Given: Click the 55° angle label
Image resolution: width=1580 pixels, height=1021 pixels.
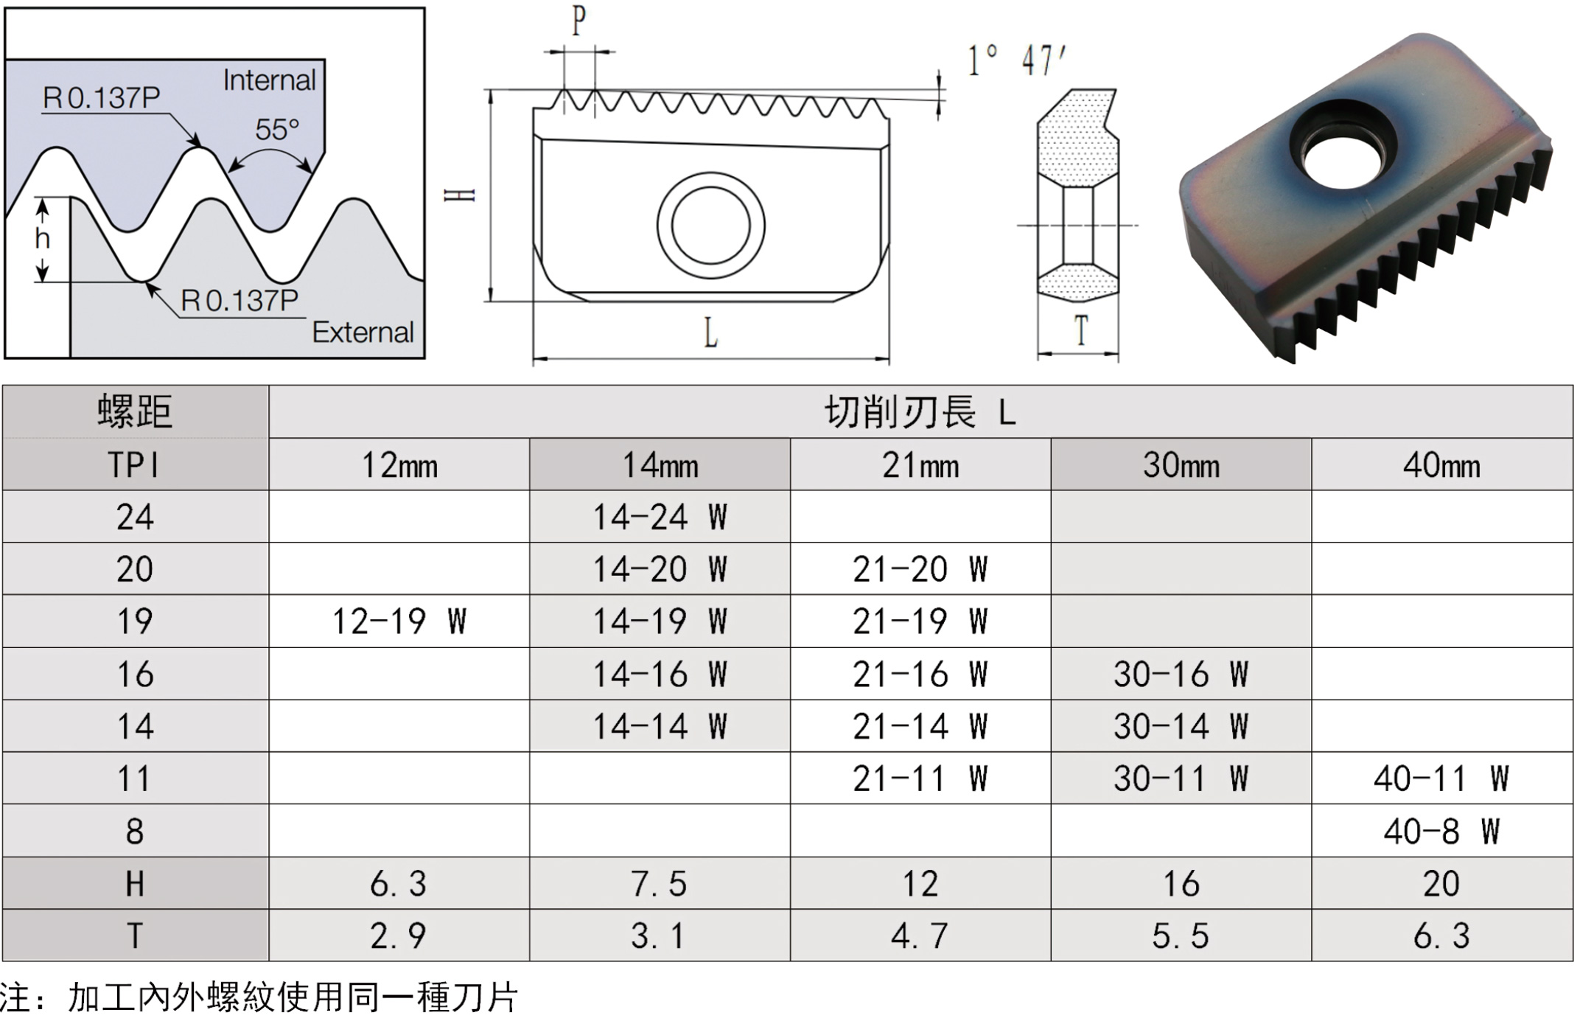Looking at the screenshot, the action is pyautogui.click(x=277, y=130).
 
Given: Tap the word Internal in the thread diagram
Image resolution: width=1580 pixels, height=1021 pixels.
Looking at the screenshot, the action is pyautogui.click(x=269, y=80).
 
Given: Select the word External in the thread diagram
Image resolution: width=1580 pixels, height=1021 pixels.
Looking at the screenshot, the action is pyautogui.click(x=363, y=332).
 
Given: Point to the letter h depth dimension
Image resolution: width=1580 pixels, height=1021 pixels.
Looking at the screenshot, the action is pyautogui.click(x=43, y=238).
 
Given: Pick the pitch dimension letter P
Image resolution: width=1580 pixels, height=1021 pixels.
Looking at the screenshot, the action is pyautogui.click(x=579, y=20).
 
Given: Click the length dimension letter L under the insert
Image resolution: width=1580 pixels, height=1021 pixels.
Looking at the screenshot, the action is pyautogui.click(x=710, y=332).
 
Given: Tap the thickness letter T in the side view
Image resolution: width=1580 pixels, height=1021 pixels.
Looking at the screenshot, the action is pyautogui.click(x=1081, y=330).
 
